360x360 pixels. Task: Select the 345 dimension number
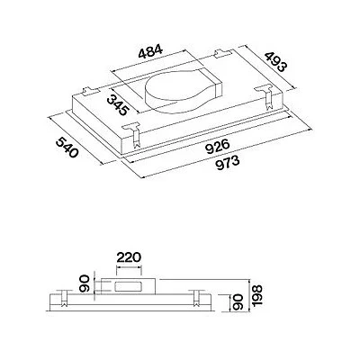(118, 105)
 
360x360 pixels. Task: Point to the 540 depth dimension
(67, 147)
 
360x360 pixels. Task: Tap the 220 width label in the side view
(129, 257)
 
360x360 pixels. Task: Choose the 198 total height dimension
(257, 295)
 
